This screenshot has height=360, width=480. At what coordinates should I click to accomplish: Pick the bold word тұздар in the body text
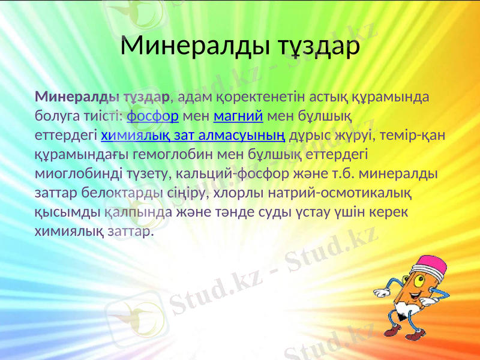click(146, 95)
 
